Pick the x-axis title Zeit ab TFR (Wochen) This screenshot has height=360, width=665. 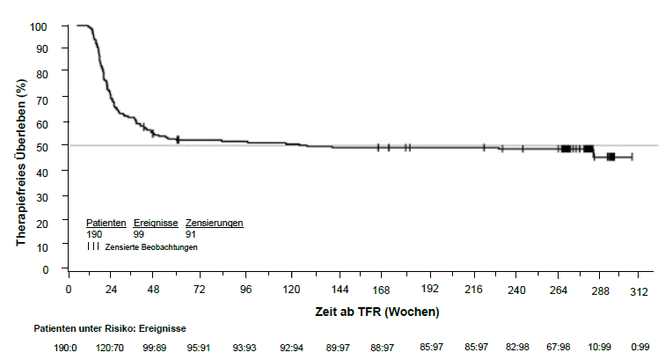click(377, 312)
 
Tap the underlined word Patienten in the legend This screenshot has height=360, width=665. click(106, 223)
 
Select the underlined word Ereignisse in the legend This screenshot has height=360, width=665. click(156, 223)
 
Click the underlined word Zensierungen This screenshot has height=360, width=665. click(214, 223)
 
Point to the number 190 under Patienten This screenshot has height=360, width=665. click(94, 234)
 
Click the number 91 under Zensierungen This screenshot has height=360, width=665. click(191, 234)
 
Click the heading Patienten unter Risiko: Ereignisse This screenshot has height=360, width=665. click(110, 327)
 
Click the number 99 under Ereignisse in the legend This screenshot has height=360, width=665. click(140, 234)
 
